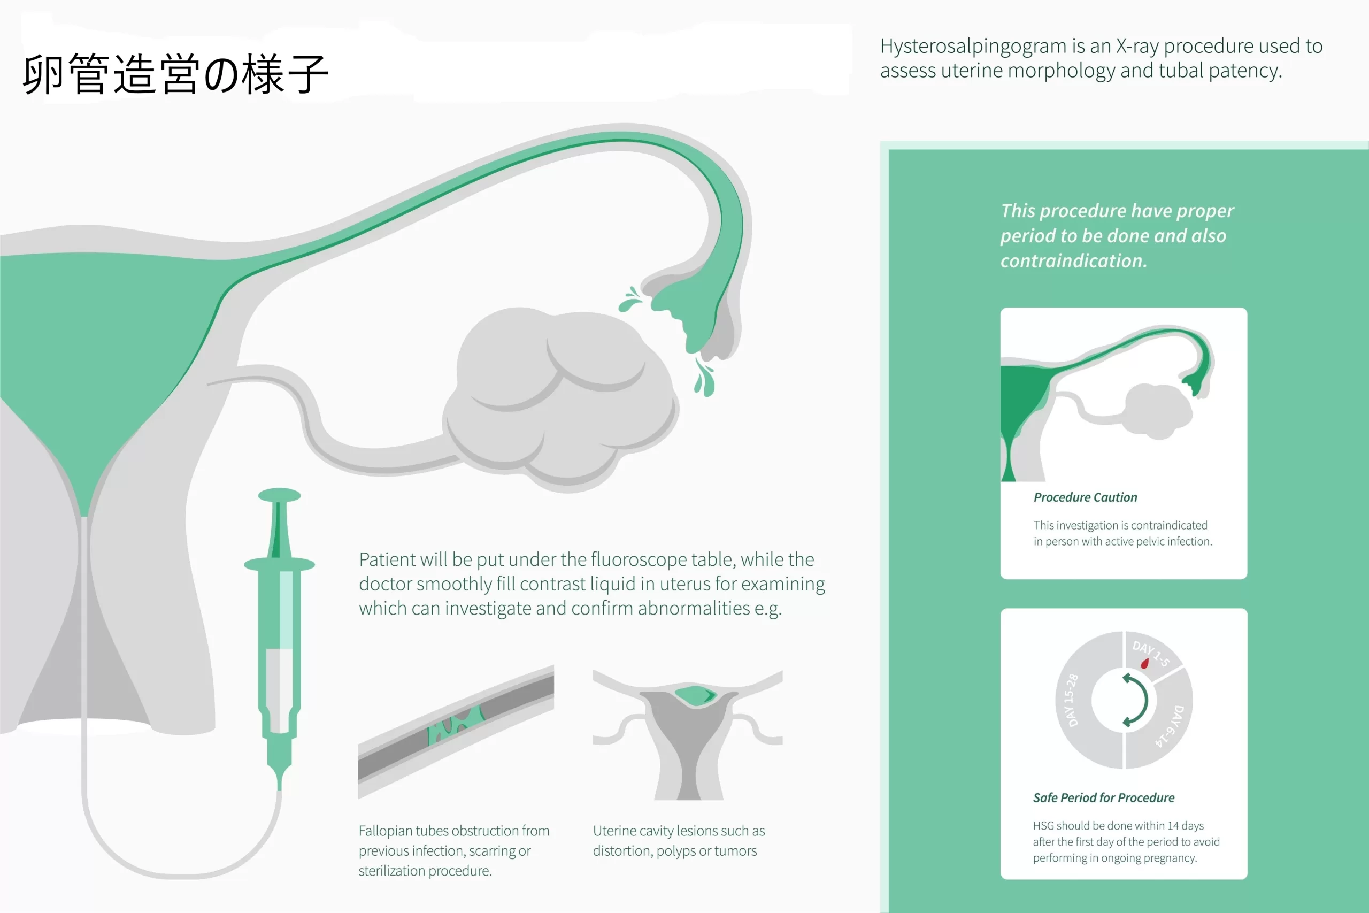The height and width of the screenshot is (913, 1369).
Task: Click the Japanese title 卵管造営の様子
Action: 176,74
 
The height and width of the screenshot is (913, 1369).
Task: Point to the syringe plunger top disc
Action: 279,495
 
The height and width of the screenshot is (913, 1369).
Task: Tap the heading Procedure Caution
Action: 1085,497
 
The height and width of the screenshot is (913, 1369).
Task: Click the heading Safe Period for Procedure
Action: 1104,797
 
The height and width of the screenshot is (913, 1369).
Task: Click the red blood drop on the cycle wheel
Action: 1145,663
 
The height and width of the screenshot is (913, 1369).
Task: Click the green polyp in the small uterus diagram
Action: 695,695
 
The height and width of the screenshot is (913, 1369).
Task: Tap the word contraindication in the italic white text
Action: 1074,261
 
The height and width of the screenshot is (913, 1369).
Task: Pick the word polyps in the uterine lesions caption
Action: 675,851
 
